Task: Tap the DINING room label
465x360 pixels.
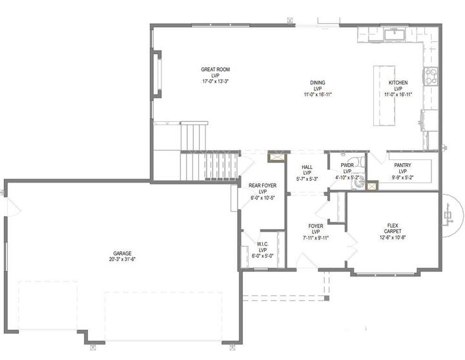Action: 317,83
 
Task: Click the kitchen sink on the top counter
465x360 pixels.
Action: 393,34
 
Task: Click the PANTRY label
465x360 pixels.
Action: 402,165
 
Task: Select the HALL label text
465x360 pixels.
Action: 307,167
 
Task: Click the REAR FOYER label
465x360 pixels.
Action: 262,186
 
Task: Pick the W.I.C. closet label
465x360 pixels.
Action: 262,245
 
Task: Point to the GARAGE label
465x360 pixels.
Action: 119,253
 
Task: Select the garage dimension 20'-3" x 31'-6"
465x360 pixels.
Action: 119,259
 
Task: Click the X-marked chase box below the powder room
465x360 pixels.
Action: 373,185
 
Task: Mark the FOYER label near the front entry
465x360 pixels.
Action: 316,226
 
